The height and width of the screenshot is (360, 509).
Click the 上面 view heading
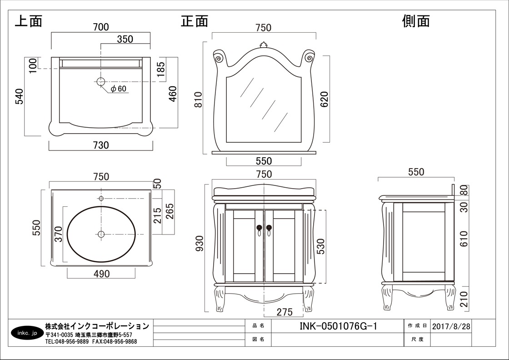(x=29, y=21)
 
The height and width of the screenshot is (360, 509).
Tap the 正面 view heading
(x=195, y=21)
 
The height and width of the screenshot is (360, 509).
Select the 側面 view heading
(x=416, y=21)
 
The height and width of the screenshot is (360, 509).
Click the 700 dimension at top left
(x=101, y=27)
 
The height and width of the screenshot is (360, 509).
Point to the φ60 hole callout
(x=118, y=88)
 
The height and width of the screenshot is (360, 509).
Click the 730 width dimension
(x=101, y=145)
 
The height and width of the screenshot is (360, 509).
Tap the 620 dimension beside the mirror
(x=324, y=99)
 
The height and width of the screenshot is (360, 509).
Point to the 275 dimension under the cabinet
(x=284, y=312)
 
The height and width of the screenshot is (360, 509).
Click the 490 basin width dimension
(x=102, y=274)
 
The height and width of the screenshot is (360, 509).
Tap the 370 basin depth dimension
(x=59, y=234)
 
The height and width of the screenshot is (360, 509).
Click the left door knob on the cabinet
(x=259, y=228)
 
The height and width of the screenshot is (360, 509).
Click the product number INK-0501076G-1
(x=339, y=326)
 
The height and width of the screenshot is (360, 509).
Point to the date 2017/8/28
(x=451, y=326)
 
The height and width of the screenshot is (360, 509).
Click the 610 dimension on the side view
(x=464, y=239)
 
